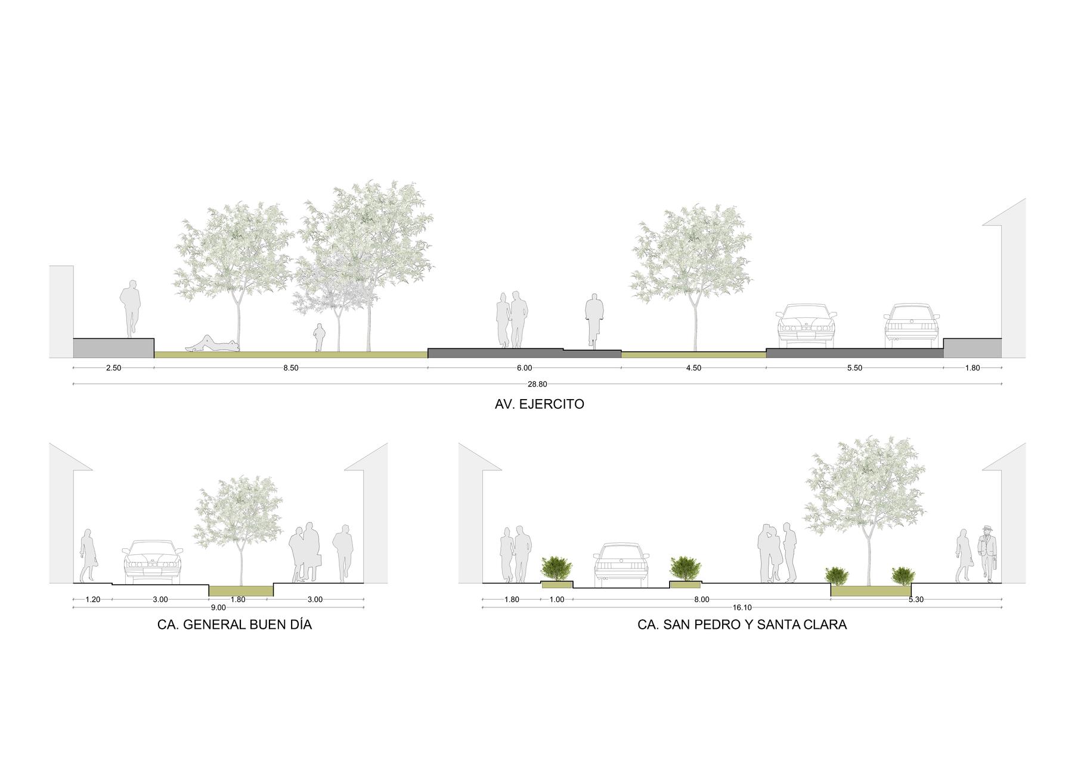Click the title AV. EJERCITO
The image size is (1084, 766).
pyautogui.click(x=539, y=404)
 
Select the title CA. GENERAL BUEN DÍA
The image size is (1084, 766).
pyautogui.click(x=234, y=625)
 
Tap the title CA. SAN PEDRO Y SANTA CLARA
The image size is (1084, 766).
pyautogui.click(x=742, y=625)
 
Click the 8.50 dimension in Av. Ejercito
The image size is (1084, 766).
pyautogui.click(x=290, y=368)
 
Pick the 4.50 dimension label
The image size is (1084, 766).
pyautogui.click(x=693, y=368)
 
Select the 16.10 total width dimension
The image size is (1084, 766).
pyautogui.click(x=742, y=608)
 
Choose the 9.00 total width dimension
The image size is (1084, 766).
pyautogui.click(x=218, y=608)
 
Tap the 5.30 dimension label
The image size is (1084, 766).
pyautogui.click(x=916, y=600)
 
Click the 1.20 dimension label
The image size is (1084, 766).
pyautogui.click(x=92, y=600)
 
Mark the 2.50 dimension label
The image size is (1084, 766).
pyautogui.click(x=113, y=368)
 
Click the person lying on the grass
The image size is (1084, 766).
pyautogui.click(x=212, y=344)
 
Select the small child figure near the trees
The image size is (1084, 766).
pyautogui.click(x=320, y=338)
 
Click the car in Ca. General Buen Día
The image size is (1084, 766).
pyautogui.click(x=152, y=561)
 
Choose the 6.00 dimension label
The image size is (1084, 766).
pyautogui.click(x=524, y=368)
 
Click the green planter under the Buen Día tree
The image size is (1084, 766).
pyautogui.click(x=241, y=590)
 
